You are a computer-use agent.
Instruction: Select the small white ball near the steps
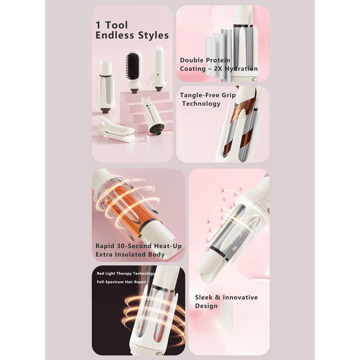click(x=146, y=138)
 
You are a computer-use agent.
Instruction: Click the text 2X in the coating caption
click(x=218, y=69)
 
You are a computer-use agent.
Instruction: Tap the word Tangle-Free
click(x=199, y=95)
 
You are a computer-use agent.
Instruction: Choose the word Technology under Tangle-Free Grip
click(x=201, y=104)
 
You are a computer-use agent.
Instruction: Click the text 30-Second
click(x=134, y=246)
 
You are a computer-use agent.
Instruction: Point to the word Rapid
click(x=105, y=246)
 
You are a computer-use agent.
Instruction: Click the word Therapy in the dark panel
click(x=124, y=274)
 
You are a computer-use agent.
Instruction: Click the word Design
click(x=206, y=306)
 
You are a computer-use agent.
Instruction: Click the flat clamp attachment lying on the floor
click(x=116, y=130)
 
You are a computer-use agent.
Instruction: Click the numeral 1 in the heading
click(x=98, y=25)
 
